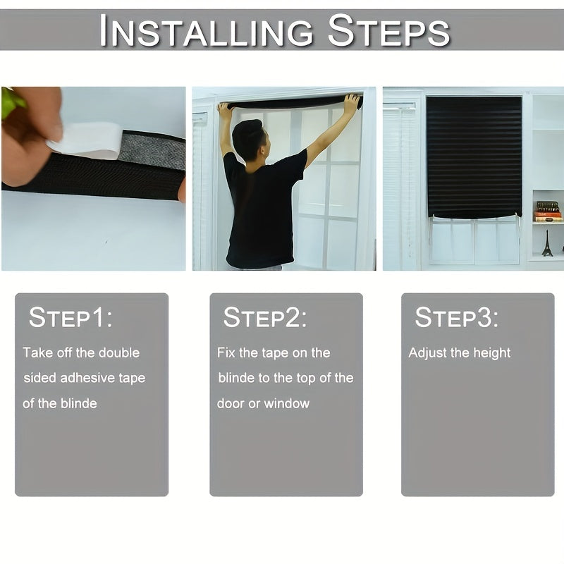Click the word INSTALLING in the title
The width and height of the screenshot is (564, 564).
coord(206,30)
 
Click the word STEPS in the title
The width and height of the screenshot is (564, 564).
coord(388,30)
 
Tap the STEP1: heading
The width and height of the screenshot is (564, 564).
coord(70,318)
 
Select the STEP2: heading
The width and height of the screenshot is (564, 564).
coord(265,318)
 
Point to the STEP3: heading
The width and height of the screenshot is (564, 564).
coord(457,318)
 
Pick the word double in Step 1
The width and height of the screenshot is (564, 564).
coord(119,353)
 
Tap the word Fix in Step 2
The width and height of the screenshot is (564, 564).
coord(226,353)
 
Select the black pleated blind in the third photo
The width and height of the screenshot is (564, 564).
coord(474,157)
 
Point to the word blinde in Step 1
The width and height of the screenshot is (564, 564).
coord(79,403)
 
